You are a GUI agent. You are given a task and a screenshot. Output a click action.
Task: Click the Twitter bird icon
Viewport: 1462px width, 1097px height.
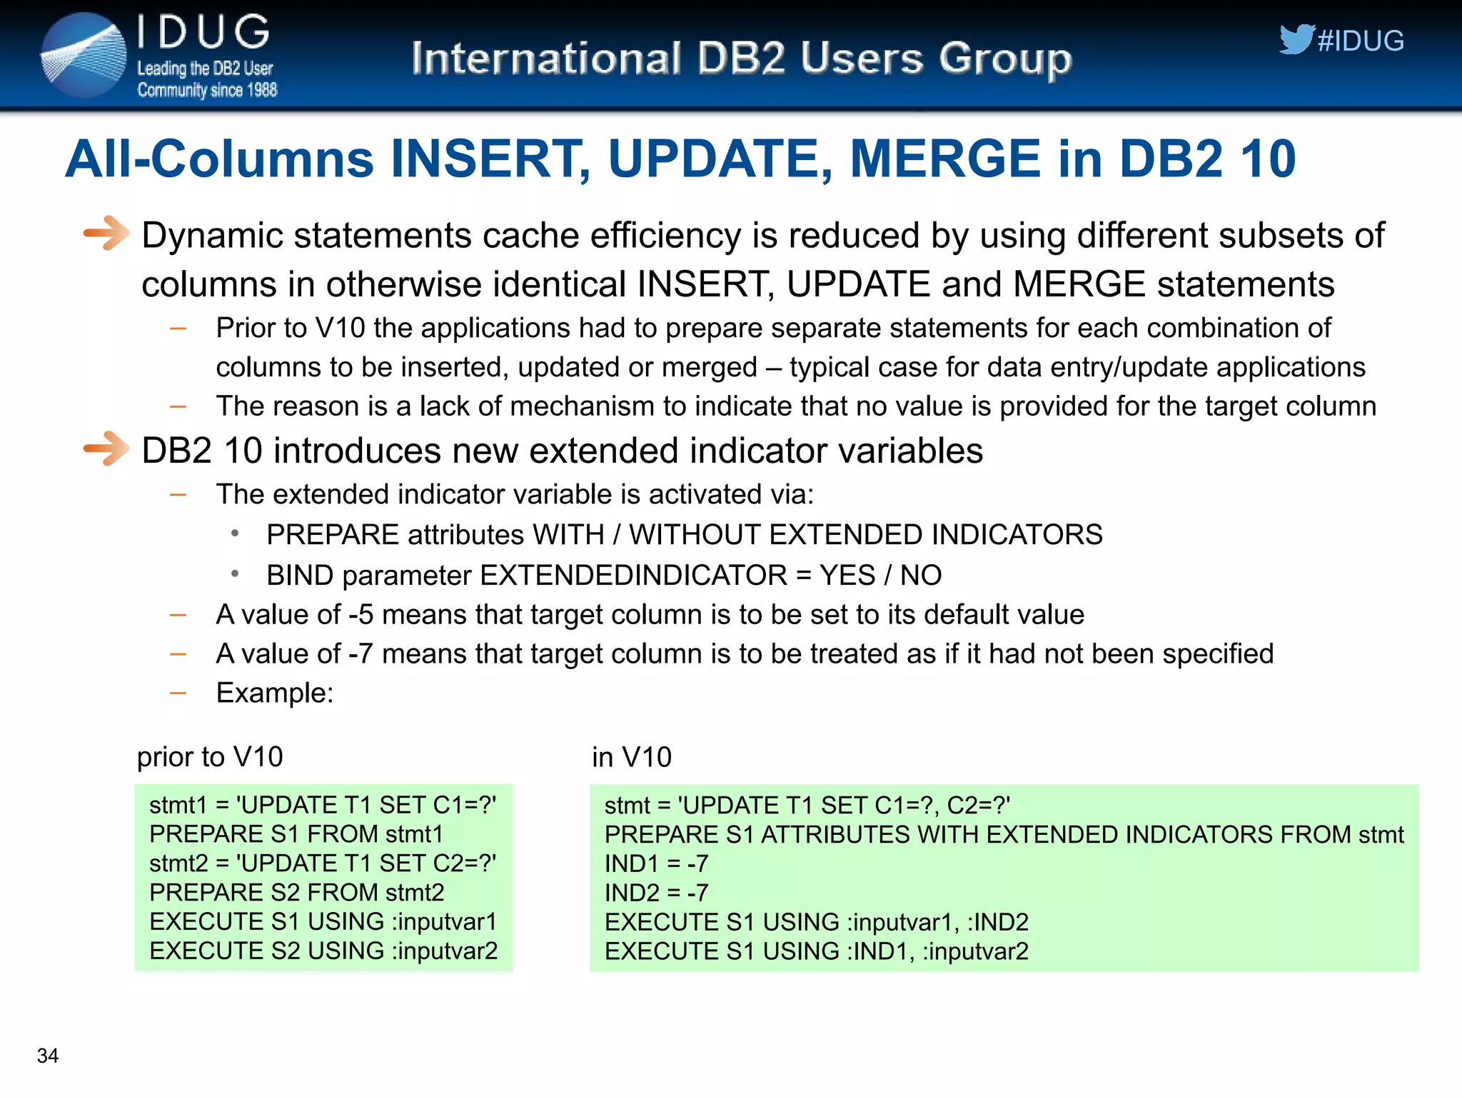click(x=1296, y=39)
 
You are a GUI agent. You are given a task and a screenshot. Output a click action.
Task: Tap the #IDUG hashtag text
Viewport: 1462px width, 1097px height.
click(x=1361, y=41)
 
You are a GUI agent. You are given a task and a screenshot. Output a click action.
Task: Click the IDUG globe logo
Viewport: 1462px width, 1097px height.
click(x=84, y=56)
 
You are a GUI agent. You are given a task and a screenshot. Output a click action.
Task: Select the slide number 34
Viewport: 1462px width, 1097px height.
click(x=48, y=1056)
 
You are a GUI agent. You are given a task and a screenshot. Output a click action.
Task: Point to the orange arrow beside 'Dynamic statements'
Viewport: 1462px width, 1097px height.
click(x=106, y=233)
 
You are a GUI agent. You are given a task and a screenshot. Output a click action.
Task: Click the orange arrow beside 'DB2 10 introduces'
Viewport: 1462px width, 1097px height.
click(x=106, y=449)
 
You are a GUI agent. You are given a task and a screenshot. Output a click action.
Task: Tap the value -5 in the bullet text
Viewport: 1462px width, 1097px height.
click(x=361, y=615)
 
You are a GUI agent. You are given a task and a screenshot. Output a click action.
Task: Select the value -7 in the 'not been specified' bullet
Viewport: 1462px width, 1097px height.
click(x=361, y=654)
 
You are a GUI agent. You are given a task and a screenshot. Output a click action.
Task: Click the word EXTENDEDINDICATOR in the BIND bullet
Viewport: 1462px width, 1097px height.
click(x=634, y=576)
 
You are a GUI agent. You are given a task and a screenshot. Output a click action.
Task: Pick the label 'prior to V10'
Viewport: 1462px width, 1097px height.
click(x=210, y=757)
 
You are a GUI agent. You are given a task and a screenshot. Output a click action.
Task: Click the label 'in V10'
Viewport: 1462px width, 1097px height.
click(x=632, y=757)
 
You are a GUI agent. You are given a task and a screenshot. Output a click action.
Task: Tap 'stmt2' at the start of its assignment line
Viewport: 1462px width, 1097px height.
click(x=178, y=863)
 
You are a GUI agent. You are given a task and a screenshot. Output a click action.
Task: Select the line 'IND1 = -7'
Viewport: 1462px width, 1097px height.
click(x=656, y=864)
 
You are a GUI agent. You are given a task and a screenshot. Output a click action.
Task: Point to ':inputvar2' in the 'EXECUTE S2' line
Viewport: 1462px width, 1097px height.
click(x=444, y=951)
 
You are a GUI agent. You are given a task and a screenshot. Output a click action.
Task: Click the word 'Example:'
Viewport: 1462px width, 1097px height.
click(x=275, y=693)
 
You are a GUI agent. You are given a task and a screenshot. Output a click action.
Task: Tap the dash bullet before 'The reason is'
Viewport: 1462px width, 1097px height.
click(x=178, y=407)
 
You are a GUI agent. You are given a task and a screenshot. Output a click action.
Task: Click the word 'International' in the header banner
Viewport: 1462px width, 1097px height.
click(x=546, y=59)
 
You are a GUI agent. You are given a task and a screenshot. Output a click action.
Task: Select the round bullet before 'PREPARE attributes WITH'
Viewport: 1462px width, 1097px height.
click(x=235, y=533)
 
